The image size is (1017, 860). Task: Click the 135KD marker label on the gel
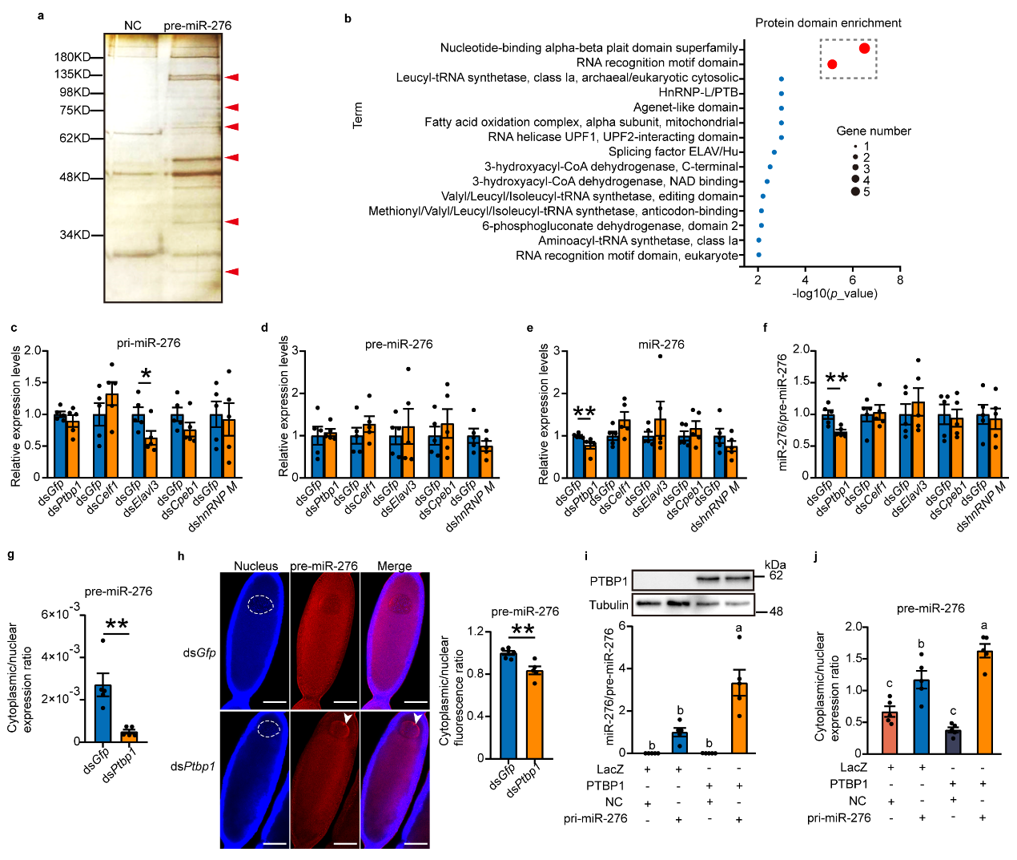[x=72, y=75]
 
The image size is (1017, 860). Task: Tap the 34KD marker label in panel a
[x=74, y=235]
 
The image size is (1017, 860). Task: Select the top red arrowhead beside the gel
[x=231, y=77]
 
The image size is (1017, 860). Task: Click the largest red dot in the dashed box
[x=864, y=48]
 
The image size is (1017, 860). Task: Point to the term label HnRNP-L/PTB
[x=697, y=92]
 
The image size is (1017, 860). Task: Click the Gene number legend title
[x=874, y=131]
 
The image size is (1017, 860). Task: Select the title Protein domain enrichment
[x=828, y=22]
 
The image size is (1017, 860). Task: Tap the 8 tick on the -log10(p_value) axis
[x=900, y=280]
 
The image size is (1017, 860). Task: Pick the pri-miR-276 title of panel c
[x=149, y=343]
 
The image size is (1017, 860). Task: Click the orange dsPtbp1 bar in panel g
[x=129, y=736]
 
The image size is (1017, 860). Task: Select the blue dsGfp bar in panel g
[x=103, y=713]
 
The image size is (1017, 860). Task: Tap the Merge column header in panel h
[x=394, y=566]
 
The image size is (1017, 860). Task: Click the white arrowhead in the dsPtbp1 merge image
[x=418, y=718]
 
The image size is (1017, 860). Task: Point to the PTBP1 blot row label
[x=609, y=581]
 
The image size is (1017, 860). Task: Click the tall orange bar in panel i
[x=739, y=718]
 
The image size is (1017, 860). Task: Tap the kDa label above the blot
[x=775, y=564]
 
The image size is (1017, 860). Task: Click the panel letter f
[x=766, y=328]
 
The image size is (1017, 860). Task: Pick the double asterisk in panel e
[x=584, y=414]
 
